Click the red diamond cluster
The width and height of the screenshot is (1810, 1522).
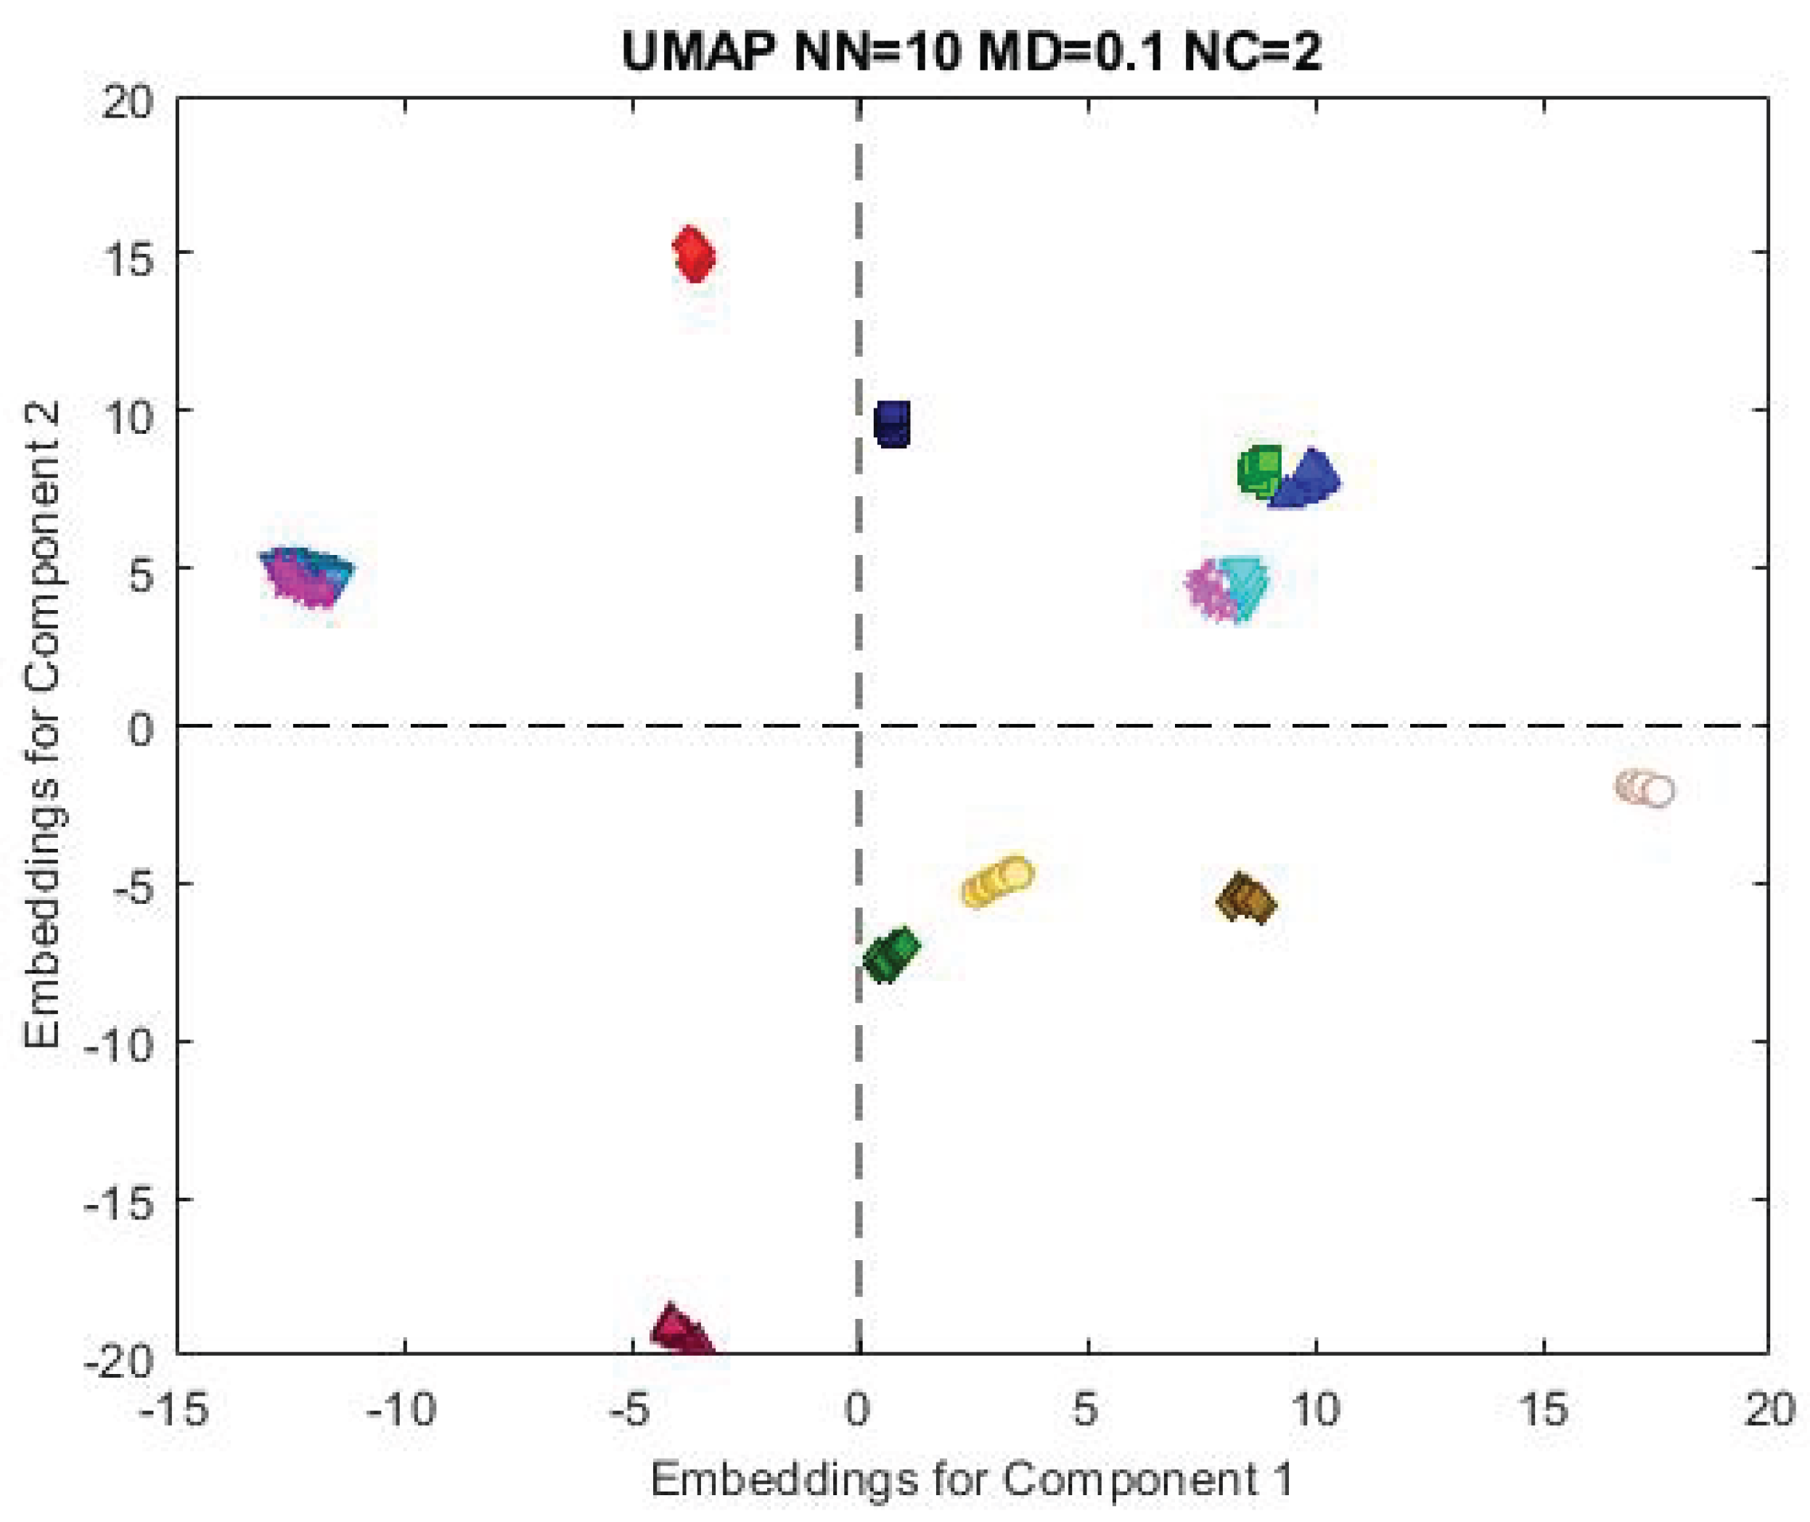693,255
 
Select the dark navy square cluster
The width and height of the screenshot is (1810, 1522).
893,424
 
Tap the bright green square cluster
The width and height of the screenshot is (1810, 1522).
1259,472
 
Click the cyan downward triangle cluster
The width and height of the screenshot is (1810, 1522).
1244,587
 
